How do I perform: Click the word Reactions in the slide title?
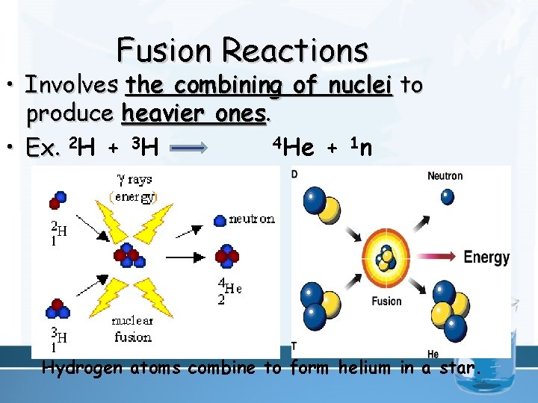295,51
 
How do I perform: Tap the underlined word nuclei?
361,86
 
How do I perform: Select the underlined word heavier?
154,115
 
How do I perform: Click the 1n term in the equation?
362,146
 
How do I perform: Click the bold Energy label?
486,257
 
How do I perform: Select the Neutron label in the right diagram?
445,176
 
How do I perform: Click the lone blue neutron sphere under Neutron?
447,196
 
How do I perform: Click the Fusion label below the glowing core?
386,302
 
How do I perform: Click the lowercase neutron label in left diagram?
251,219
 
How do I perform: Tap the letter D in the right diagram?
294,174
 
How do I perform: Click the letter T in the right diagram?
294,346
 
